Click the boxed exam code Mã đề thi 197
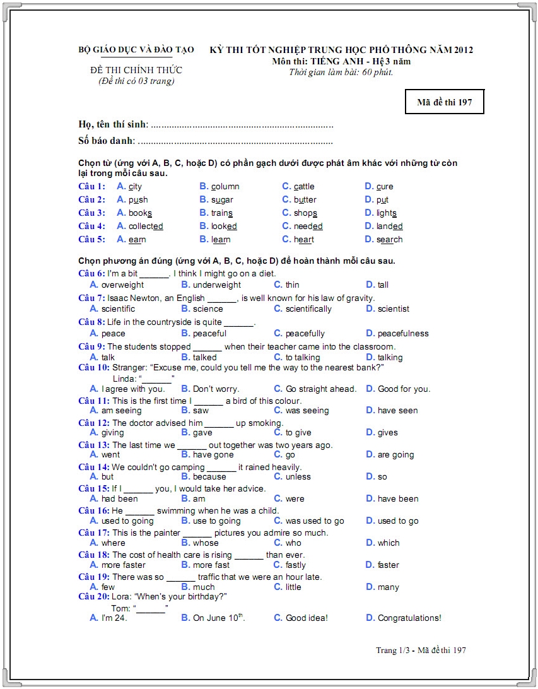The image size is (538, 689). pos(444,102)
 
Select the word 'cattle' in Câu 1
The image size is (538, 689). pos(303,187)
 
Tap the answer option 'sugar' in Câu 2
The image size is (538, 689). pos(222,200)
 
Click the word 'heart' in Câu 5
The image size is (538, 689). pos(303,240)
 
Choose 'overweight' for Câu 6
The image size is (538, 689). pos(122,285)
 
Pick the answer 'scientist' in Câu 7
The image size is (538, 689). pos(393,309)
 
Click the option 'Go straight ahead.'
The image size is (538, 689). pos(320,389)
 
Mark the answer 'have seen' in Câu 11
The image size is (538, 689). pos(397,411)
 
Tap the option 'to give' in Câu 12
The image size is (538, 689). pos(298,433)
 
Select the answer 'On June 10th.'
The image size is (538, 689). pos(218,618)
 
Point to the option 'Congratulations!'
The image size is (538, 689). pos(409,618)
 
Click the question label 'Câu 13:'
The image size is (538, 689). pos(94,445)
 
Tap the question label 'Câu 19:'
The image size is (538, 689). pos(94,577)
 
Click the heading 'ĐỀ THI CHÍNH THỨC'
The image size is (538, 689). pos(136,70)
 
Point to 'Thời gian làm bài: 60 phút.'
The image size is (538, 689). pos(341,72)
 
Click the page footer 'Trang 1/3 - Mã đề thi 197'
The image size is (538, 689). pos(421,650)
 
